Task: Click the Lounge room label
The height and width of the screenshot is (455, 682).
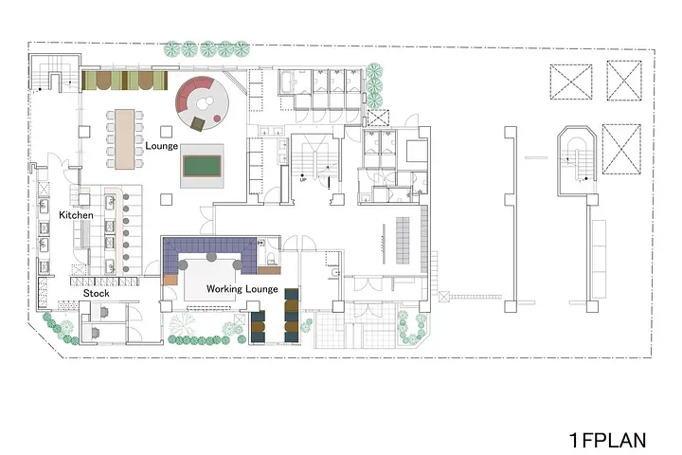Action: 161,145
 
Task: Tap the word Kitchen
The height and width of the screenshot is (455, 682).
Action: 76,214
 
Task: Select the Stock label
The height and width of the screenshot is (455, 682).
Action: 96,293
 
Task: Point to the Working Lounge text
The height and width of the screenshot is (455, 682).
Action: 242,289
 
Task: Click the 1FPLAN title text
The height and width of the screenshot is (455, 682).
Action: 607,440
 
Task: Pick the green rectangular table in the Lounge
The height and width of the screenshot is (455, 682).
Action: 202,166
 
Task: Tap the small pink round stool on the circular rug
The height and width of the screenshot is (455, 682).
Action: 217,118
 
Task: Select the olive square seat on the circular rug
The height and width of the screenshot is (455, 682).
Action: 198,123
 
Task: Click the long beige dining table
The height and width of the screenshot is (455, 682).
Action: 124,139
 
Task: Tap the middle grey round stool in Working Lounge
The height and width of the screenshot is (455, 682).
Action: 211,257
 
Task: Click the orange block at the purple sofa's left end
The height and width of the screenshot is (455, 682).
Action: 170,280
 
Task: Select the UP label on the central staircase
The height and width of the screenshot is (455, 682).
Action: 303,179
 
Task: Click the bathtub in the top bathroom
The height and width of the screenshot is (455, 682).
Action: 288,82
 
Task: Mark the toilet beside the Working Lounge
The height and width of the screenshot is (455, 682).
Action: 271,259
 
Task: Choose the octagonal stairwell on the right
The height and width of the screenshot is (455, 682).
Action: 576,160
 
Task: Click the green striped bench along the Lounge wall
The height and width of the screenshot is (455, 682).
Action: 124,81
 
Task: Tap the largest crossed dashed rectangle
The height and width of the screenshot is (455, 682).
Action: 621,149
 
